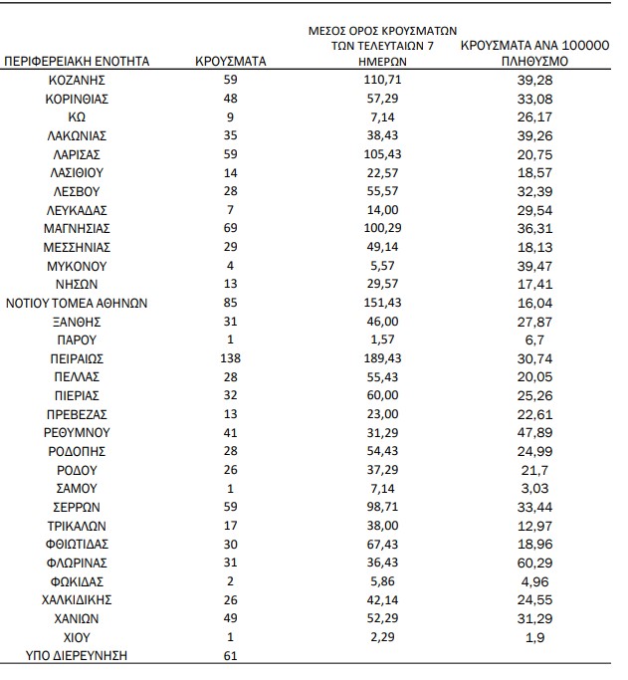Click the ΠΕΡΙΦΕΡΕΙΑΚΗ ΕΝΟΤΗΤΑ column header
77,61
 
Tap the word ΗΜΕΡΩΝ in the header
384,61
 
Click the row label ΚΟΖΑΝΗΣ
77,80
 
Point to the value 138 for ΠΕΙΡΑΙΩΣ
231,357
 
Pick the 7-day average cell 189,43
384,357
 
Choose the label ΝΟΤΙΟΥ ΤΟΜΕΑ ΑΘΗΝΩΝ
77,303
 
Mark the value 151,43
384,303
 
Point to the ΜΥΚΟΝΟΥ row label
77,265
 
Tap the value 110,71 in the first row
384,80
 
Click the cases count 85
231,303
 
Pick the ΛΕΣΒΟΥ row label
77,191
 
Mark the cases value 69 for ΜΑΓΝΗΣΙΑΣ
231,228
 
